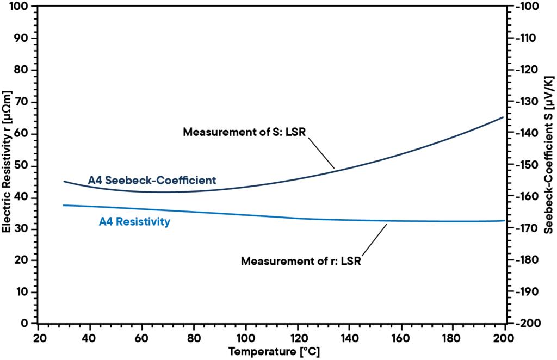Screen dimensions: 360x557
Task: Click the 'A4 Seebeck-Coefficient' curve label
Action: [x=152, y=179]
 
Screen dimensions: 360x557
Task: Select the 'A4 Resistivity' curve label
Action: [x=134, y=221]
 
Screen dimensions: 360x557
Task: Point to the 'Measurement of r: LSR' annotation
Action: [x=301, y=260]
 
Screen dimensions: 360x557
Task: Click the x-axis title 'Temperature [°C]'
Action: [x=274, y=351]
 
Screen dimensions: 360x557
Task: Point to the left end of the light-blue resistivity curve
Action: [x=64, y=205]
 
